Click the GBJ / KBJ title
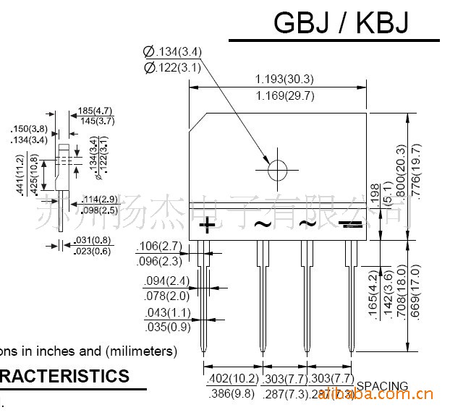(341, 23)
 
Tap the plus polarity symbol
(207, 225)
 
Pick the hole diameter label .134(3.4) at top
(173, 51)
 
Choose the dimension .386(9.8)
(232, 394)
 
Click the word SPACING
(382, 386)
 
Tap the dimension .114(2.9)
(100, 199)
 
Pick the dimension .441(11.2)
(20, 175)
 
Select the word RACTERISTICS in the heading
(65, 376)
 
